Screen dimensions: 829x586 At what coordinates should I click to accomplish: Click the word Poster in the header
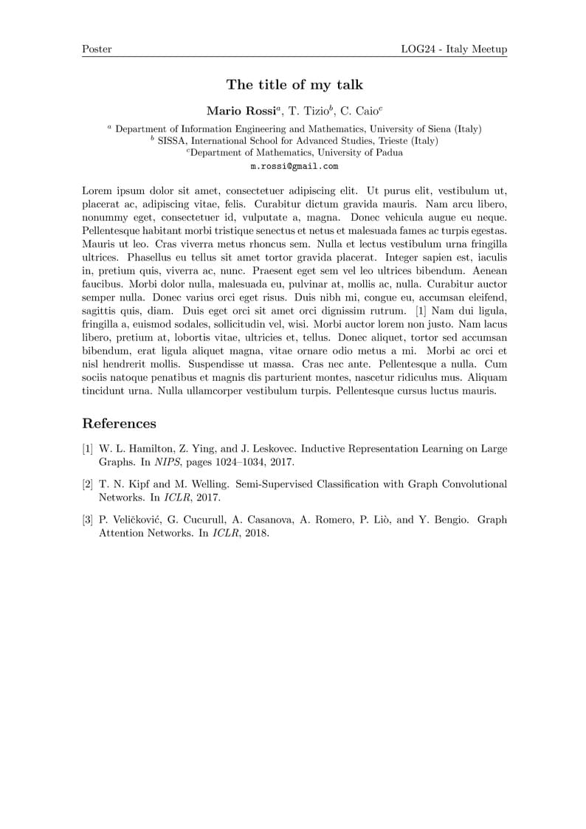click(x=97, y=49)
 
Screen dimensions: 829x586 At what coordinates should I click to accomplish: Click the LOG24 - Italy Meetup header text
click(x=454, y=49)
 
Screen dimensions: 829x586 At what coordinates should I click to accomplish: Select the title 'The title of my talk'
click(x=294, y=85)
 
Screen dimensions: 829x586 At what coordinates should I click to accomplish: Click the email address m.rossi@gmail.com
click(x=294, y=167)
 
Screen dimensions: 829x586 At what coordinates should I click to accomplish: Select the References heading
click(x=119, y=424)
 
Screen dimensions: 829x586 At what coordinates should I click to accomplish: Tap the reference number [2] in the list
click(x=88, y=485)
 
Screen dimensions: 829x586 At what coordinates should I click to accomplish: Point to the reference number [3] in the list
click(x=88, y=520)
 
